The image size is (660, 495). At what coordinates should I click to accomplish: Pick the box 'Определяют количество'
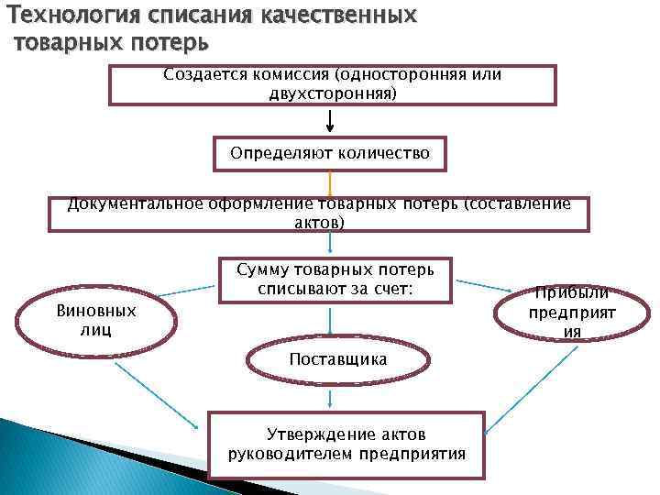pyautogui.click(x=329, y=154)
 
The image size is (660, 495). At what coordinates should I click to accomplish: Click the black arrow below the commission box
pyautogui.click(x=330, y=120)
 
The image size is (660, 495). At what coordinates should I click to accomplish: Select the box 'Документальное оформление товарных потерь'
pyautogui.click(x=319, y=214)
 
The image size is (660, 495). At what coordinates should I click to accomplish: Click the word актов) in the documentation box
pyautogui.click(x=320, y=223)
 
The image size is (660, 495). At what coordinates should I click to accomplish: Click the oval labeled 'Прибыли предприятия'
pyautogui.click(x=572, y=313)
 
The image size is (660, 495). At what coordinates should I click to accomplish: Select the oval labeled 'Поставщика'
pyautogui.click(x=337, y=359)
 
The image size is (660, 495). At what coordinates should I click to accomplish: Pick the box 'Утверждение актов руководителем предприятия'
pyautogui.click(x=346, y=444)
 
